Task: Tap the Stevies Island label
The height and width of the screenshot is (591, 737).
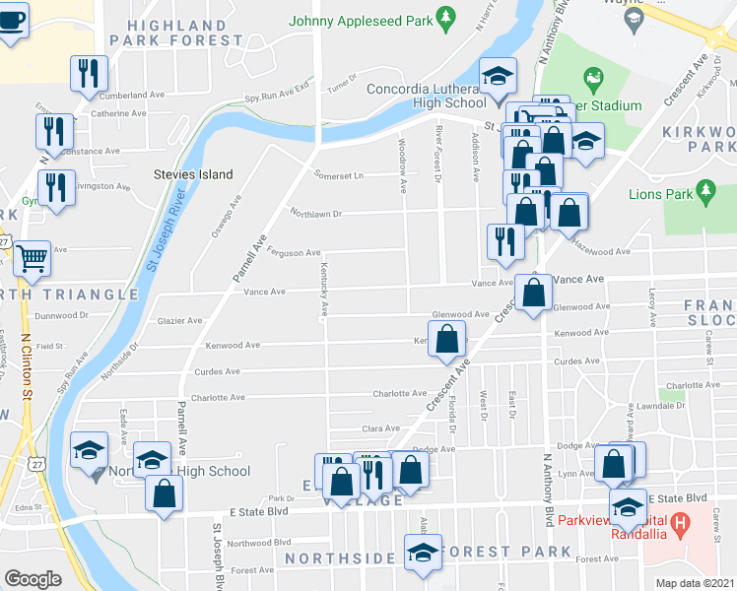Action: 193,174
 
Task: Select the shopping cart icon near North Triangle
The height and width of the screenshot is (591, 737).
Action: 33,259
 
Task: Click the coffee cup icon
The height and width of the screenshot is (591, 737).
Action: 12,19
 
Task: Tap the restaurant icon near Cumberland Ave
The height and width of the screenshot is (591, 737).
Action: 89,72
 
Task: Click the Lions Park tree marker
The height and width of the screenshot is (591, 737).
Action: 704,188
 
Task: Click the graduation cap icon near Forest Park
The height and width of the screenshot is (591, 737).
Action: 423,552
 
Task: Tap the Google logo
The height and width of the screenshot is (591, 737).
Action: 33,579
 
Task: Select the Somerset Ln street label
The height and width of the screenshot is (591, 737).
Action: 339,175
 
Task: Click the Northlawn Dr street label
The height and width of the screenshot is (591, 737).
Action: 314,213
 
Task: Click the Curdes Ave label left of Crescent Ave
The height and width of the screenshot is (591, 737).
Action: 218,371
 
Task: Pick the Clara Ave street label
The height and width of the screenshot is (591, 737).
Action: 380,428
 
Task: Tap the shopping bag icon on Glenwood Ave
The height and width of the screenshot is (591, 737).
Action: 533,293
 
